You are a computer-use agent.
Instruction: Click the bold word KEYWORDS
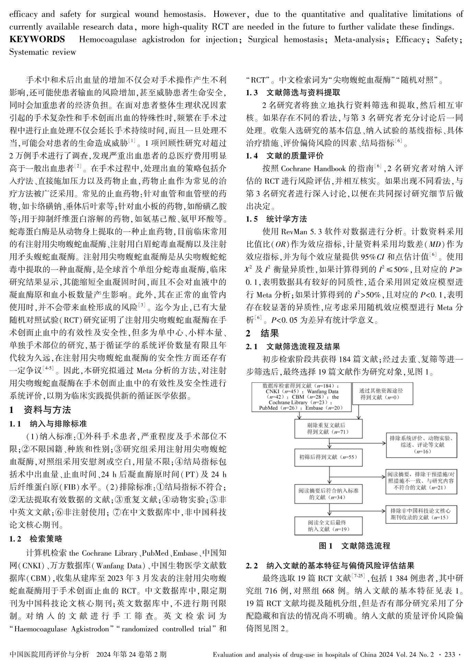tap(37, 40)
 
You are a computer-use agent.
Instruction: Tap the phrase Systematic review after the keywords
tap(43, 52)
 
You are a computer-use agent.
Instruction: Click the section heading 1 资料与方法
tap(40, 409)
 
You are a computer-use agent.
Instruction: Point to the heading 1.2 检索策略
tap(36, 538)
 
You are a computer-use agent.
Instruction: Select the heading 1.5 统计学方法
tap(276, 219)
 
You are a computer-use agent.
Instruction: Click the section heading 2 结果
tap(262, 333)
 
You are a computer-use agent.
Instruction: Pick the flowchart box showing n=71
tap(329, 429)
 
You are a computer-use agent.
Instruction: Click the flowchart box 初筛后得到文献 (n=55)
tap(329, 457)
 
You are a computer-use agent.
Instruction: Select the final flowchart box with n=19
tap(329, 526)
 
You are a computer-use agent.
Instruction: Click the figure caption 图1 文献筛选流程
tap(354, 546)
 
